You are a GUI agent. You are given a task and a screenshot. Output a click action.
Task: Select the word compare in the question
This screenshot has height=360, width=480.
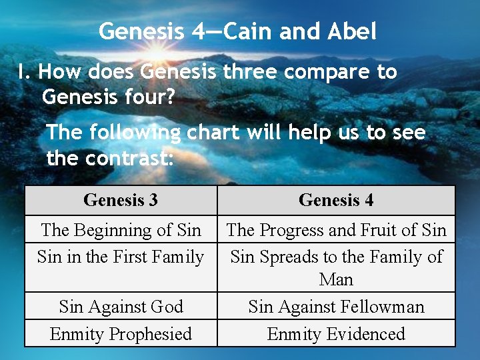coord(313,72)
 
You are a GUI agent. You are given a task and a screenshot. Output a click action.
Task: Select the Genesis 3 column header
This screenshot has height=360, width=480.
coord(121,200)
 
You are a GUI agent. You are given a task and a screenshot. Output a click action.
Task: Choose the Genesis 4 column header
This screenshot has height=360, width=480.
coord(336,200)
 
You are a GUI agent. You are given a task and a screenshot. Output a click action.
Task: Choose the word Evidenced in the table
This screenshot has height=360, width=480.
coord(363,333)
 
